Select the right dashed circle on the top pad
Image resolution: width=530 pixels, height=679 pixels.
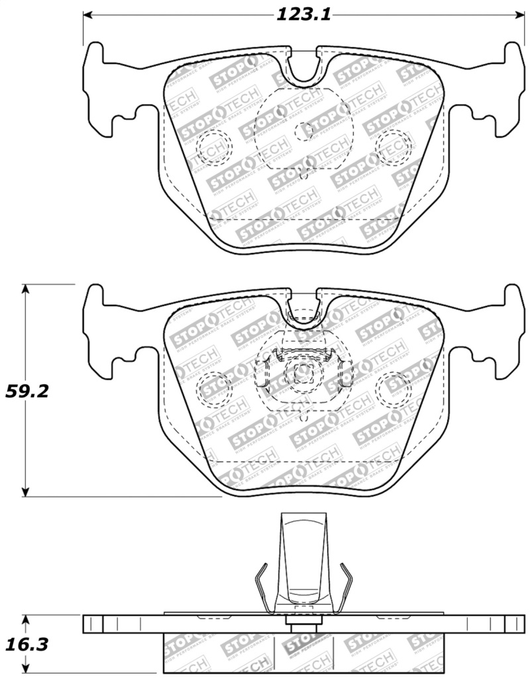pyautogui.click(x=393, y=145)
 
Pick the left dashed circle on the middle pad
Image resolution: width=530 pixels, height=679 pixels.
pyautogui.click(x=213, y=388)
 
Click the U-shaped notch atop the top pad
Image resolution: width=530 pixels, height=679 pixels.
pyautogui.click(x=303, y=66)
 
